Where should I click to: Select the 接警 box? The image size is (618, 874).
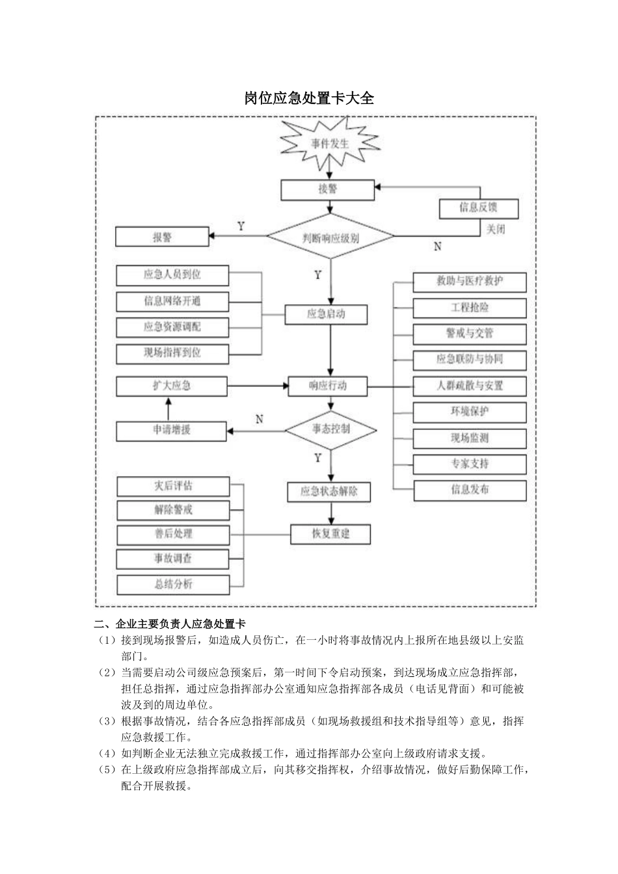click(x=328, y=190)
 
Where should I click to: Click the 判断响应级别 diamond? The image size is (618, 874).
click(x=330, y=239)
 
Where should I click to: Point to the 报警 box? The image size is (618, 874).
click(x=162, y=237)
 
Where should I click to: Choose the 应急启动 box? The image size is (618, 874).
click(x=326, y=315)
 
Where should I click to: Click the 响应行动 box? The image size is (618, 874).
click(x=327, y=386)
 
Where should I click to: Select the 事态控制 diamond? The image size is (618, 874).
click(x=330, y=429)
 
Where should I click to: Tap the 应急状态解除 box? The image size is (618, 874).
click(x=329, y=492)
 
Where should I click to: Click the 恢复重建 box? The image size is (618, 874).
click(x=330, y=534)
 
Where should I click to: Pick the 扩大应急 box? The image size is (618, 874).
click(x=172, y=386)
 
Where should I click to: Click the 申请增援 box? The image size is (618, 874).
click(x=172, y=430)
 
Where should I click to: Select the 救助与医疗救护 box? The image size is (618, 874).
click(x=469, y=282)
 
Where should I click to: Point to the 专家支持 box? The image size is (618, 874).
click(x=469, y=464)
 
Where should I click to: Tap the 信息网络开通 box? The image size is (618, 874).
click(x=172, y=301)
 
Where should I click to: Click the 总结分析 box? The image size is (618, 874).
click(x=173, y=584)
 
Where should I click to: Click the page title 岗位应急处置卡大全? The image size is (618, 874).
click(x=309, y=98)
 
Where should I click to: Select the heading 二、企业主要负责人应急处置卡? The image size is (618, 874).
click(x=169, y=624)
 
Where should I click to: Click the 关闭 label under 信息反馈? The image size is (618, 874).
click(x=496, y=230)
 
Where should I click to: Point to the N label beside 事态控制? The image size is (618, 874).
click(x=260, y=419)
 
